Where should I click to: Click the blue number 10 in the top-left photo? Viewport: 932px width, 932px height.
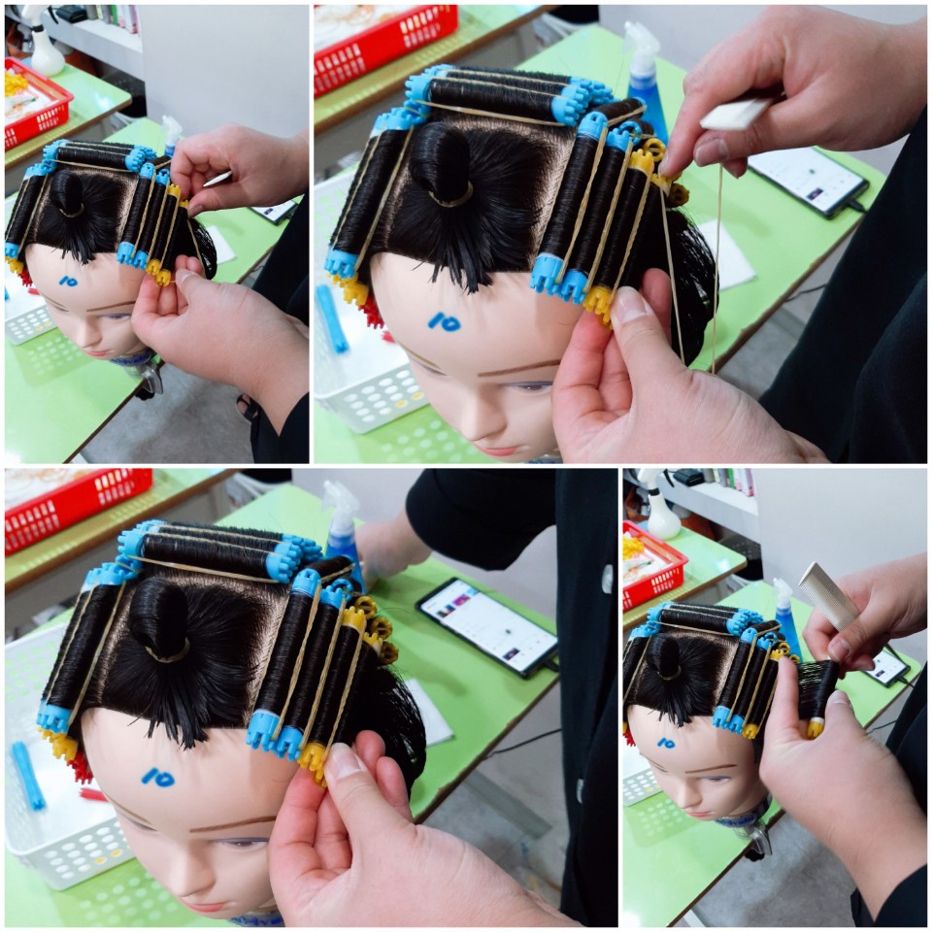click(x=68, y=282)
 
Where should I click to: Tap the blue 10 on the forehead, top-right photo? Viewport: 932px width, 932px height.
click(x=446, y=321)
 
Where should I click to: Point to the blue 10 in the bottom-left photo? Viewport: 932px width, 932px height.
click(x=158, y=777)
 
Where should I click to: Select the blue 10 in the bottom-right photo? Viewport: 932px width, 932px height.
click(x=666, y=743)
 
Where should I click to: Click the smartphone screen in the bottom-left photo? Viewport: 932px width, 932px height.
click(x=488, y=626)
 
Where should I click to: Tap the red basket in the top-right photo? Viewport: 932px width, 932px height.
click(x=385, y=45)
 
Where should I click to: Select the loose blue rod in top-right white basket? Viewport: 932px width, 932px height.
click(x=332, y=318)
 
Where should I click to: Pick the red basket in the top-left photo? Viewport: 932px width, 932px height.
click(x=36, y=104)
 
